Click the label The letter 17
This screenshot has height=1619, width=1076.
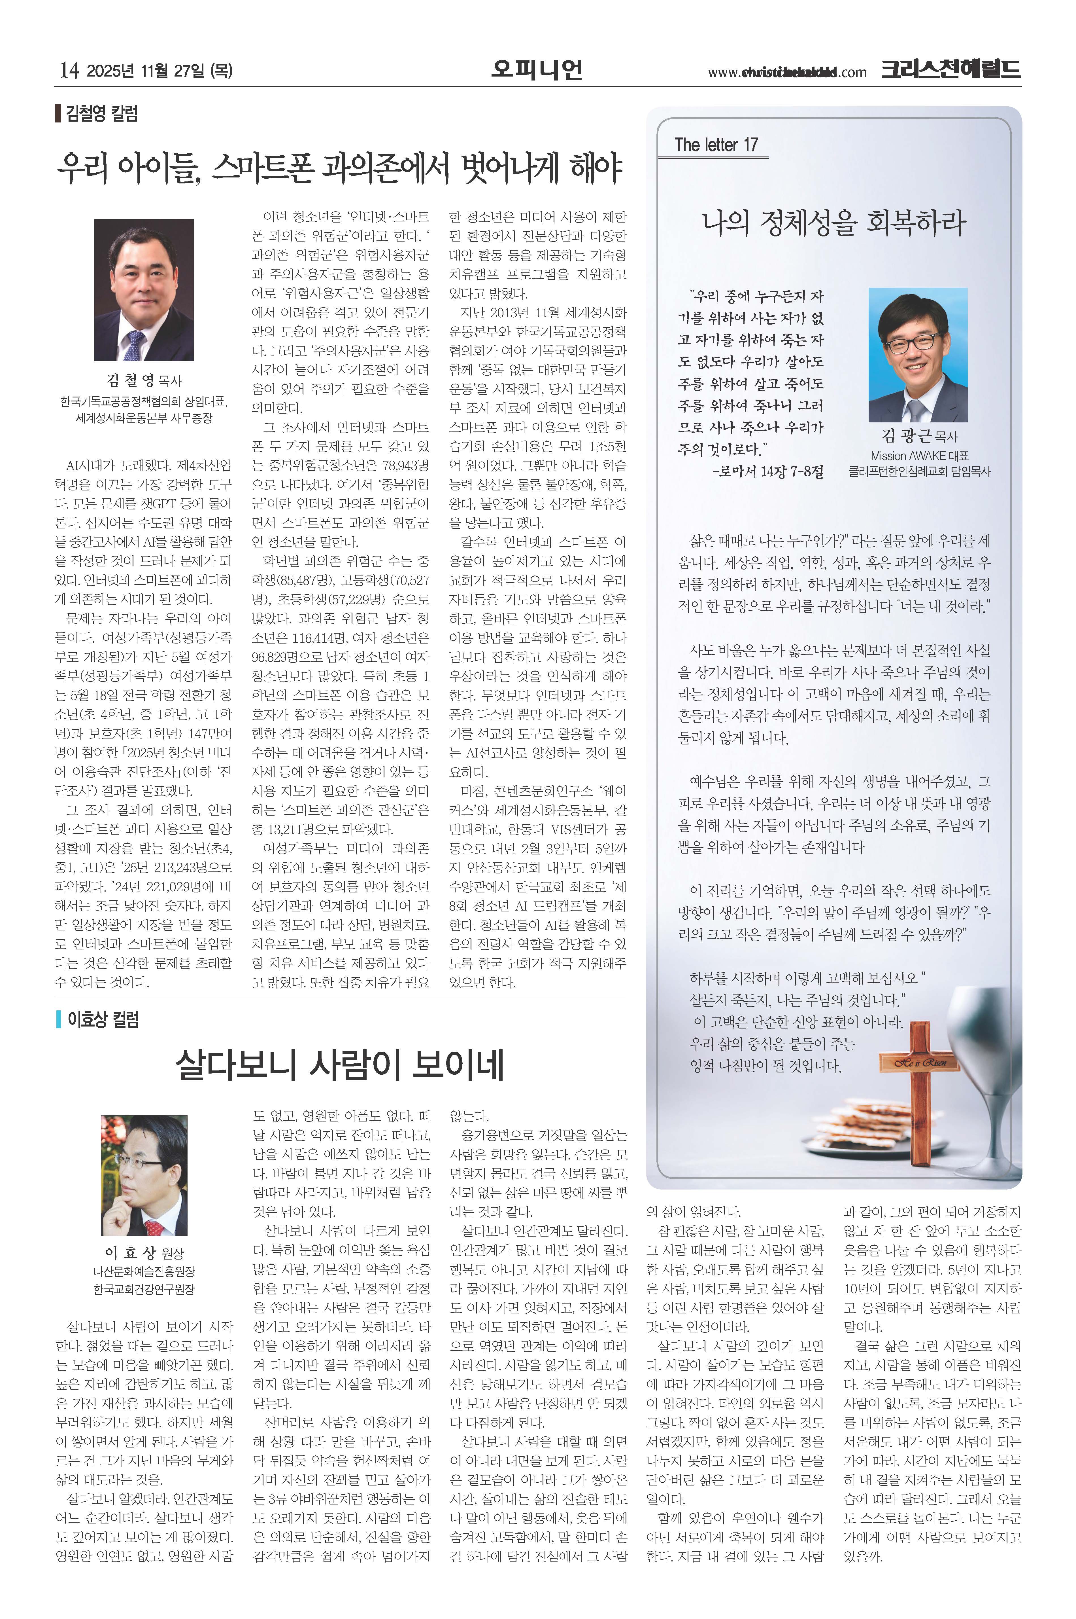coord(716,145)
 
